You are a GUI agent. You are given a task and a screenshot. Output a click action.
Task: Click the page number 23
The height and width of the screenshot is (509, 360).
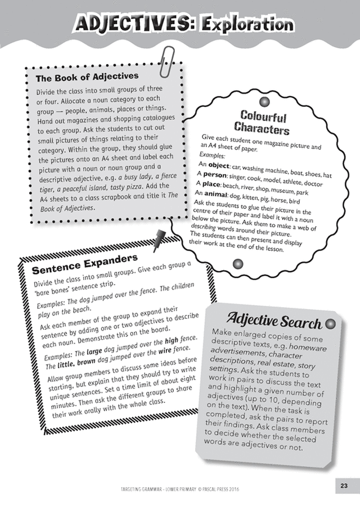pyautogui.click(x=344, y=486)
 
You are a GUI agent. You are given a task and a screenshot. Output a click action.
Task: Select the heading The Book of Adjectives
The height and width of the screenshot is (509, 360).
pyautogui.click(x=87, y=76)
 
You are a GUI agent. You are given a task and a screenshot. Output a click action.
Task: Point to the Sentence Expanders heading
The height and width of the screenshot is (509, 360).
pyautogui.click(x=85, y=264)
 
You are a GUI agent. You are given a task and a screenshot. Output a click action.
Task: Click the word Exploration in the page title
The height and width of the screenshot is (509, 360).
pyautogui.click(x=247, y=25)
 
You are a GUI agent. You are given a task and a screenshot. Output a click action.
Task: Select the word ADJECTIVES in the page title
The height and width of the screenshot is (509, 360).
pyautogui.click(x=133, y=25)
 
